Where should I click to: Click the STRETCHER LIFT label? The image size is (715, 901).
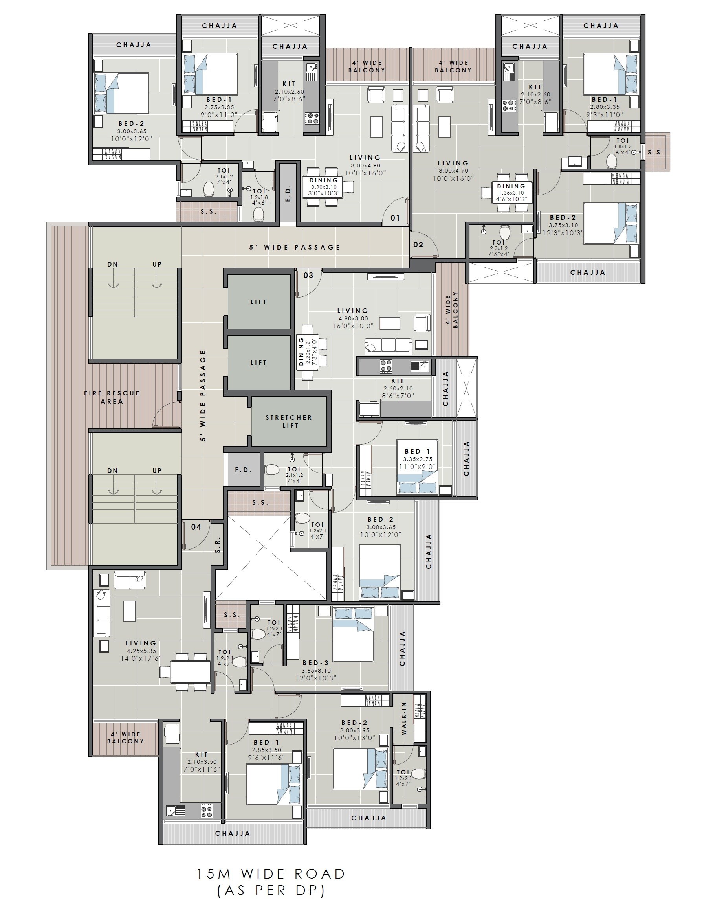point(289,421)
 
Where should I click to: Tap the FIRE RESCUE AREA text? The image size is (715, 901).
point(112,397)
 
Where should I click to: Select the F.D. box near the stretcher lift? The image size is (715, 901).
point(243,470)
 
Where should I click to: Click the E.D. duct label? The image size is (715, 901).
point(288,193)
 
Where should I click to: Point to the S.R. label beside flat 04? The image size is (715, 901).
point(218,544)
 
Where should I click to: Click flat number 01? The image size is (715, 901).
point(395,218)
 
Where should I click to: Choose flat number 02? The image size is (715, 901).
point(418,245)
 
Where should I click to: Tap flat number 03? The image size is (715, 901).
point(308,275)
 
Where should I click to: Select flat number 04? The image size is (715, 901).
point(196,526)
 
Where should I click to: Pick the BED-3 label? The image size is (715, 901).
point(315,662)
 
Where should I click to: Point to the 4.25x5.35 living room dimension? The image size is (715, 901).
point(141,651)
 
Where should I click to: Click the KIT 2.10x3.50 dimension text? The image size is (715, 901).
point(201,762)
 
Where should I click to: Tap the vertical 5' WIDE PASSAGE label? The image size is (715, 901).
point(203,395)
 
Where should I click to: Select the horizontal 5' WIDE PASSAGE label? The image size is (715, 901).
point(295,247)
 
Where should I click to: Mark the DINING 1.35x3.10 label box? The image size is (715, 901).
point(511,193)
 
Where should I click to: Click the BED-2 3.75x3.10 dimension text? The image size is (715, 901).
point(563,225)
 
